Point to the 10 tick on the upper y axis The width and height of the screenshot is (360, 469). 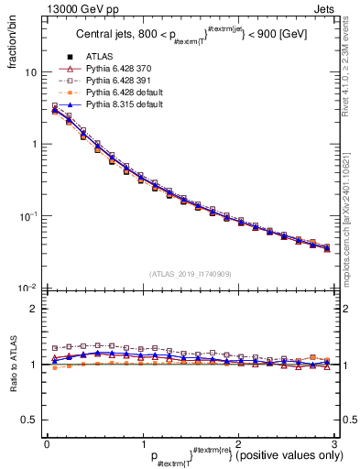coord(30,72)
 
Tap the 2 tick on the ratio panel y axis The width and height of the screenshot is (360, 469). coord(34,309)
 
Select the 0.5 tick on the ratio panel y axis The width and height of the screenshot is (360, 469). coord(30,420)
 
